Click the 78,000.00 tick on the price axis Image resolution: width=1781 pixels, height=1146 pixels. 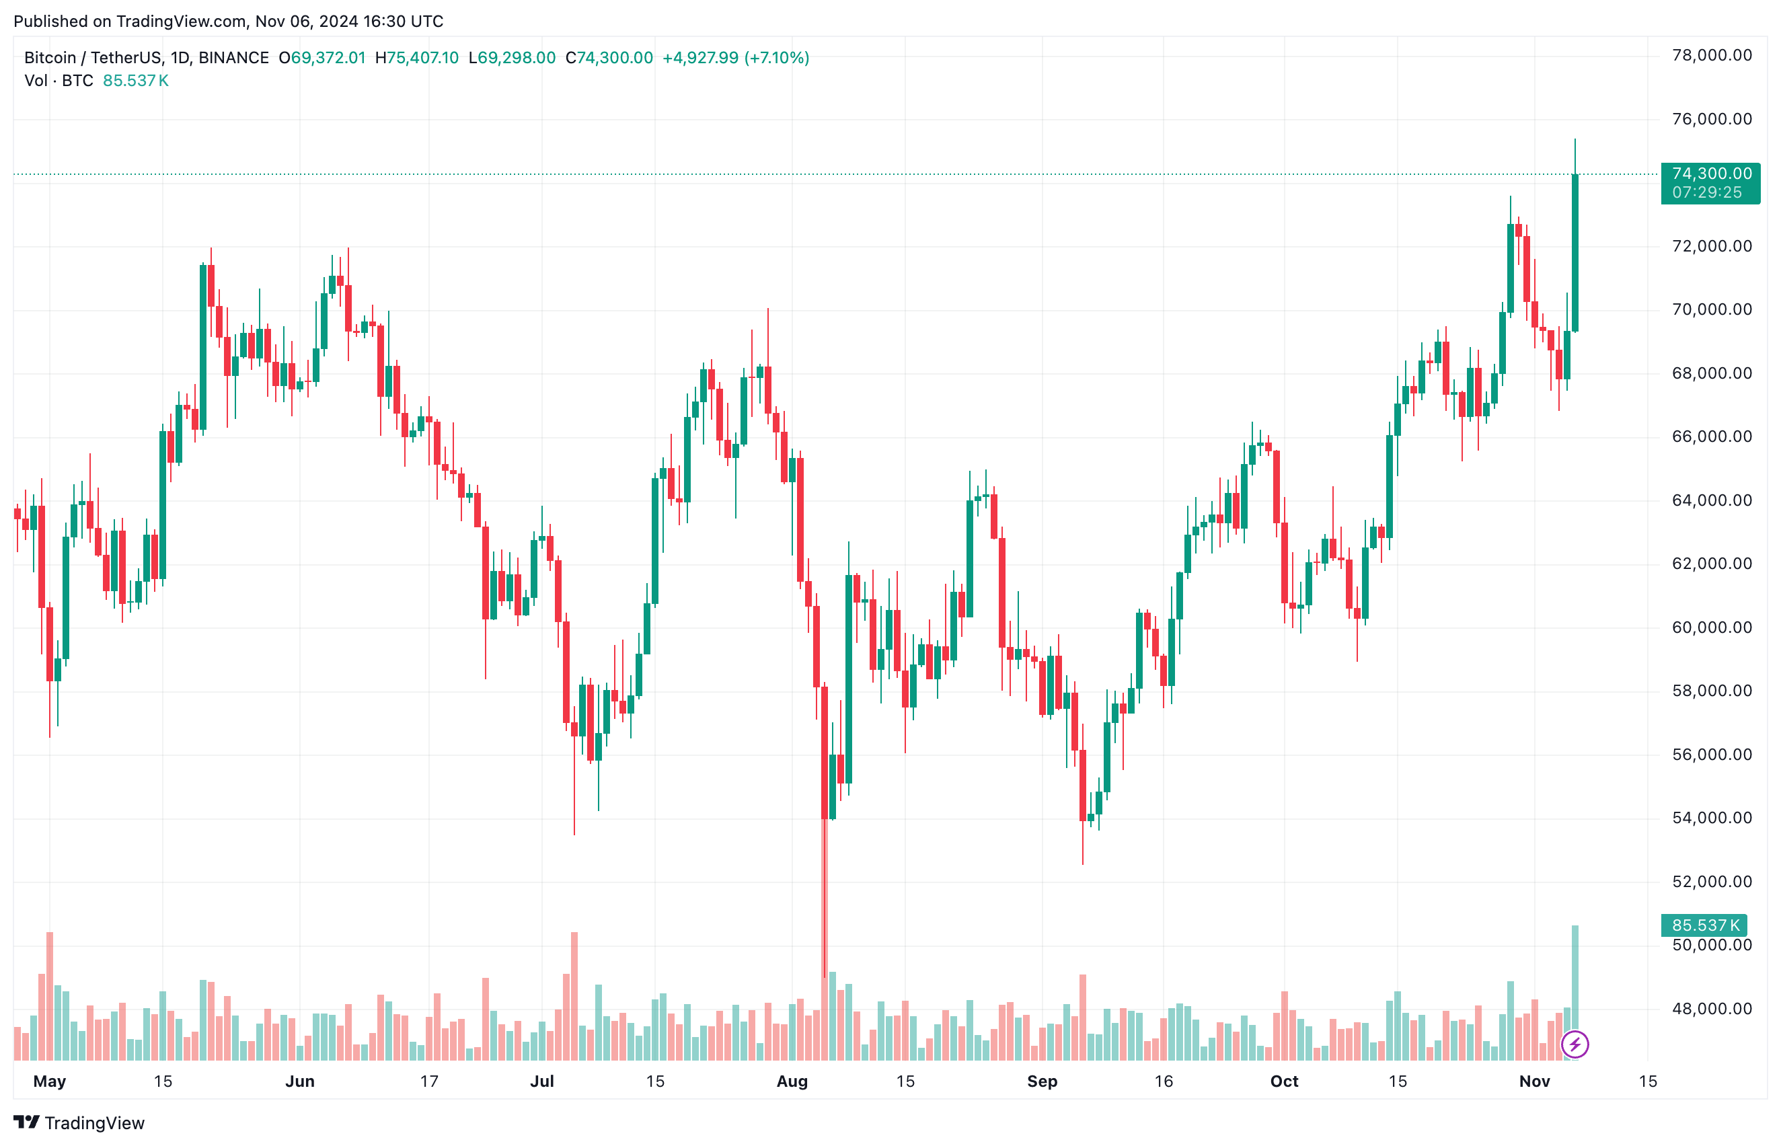1711,55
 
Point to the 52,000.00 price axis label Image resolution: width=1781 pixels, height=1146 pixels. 1711,882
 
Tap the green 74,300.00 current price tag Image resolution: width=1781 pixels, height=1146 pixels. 1711,174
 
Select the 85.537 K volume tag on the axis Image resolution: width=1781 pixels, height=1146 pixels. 1705,925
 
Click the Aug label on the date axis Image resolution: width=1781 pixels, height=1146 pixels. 792,1081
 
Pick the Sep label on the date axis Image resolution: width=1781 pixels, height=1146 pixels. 1042,1081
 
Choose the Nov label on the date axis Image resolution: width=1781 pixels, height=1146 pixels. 1534,1081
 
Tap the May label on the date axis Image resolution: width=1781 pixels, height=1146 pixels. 50,1081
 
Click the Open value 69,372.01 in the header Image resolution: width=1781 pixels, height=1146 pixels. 328,58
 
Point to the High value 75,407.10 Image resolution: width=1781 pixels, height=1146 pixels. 422,58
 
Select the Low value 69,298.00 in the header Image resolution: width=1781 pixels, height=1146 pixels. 516,58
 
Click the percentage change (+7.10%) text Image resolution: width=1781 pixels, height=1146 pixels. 777,58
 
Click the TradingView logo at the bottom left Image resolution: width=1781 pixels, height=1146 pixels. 79,1123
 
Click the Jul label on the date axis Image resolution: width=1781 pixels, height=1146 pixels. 542,1081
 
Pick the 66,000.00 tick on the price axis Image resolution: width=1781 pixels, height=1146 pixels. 1711,437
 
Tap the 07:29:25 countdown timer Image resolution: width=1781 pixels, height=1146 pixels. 1706,193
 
